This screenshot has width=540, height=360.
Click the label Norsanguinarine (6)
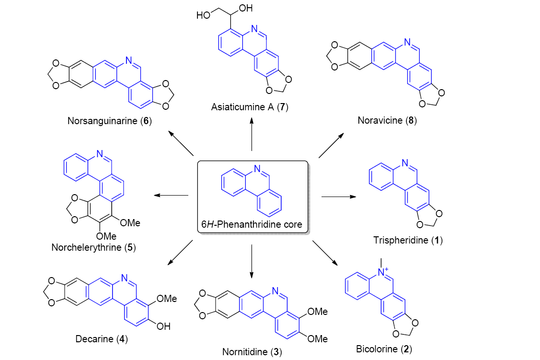coord(110,120)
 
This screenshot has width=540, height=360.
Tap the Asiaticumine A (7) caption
coord(251,107)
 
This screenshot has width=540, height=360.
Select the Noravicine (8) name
coord(387,120)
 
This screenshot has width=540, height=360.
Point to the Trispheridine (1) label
coord(408,240)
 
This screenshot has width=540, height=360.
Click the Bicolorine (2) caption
coord(384,348)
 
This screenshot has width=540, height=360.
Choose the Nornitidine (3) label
coord(252,352)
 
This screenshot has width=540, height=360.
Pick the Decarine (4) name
coord(101,339)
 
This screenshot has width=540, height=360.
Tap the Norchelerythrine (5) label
coord(91,247)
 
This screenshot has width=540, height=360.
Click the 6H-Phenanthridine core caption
coord(253,223)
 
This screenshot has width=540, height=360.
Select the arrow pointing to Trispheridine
coord(338,197)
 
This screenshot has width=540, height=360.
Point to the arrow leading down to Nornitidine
coord(252,261)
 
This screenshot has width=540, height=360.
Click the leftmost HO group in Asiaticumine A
coord(203,15)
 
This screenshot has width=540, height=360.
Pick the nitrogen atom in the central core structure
coord(257,169)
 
